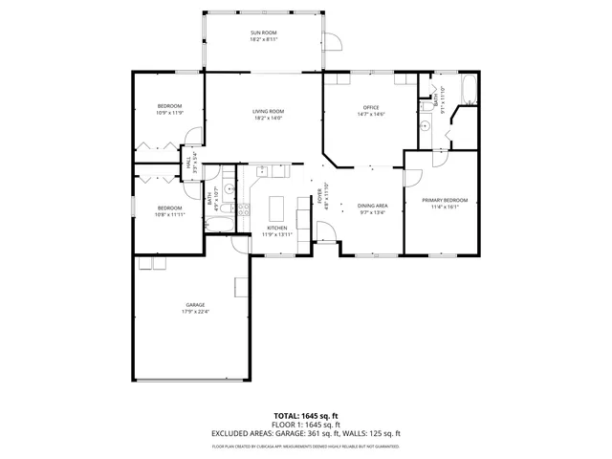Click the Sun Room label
264,34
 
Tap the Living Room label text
268,111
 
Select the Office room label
372,107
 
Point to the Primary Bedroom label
446,200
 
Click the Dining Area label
373,206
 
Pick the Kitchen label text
277,228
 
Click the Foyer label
319,196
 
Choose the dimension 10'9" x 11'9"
168,113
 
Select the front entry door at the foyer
326,232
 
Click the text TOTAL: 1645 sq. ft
306,416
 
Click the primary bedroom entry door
412,176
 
